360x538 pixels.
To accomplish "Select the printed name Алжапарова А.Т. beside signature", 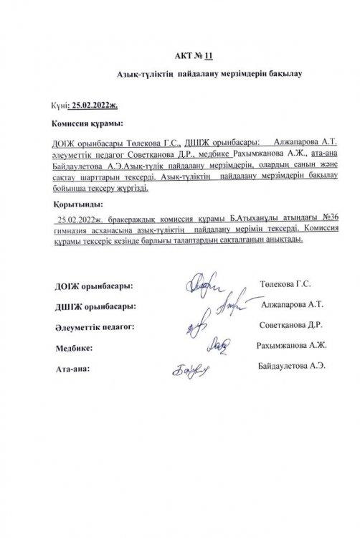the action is click(291, 303).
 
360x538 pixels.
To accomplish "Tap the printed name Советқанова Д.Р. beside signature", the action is click(291, 325).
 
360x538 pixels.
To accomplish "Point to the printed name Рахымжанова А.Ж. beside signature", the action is click(291, 346).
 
